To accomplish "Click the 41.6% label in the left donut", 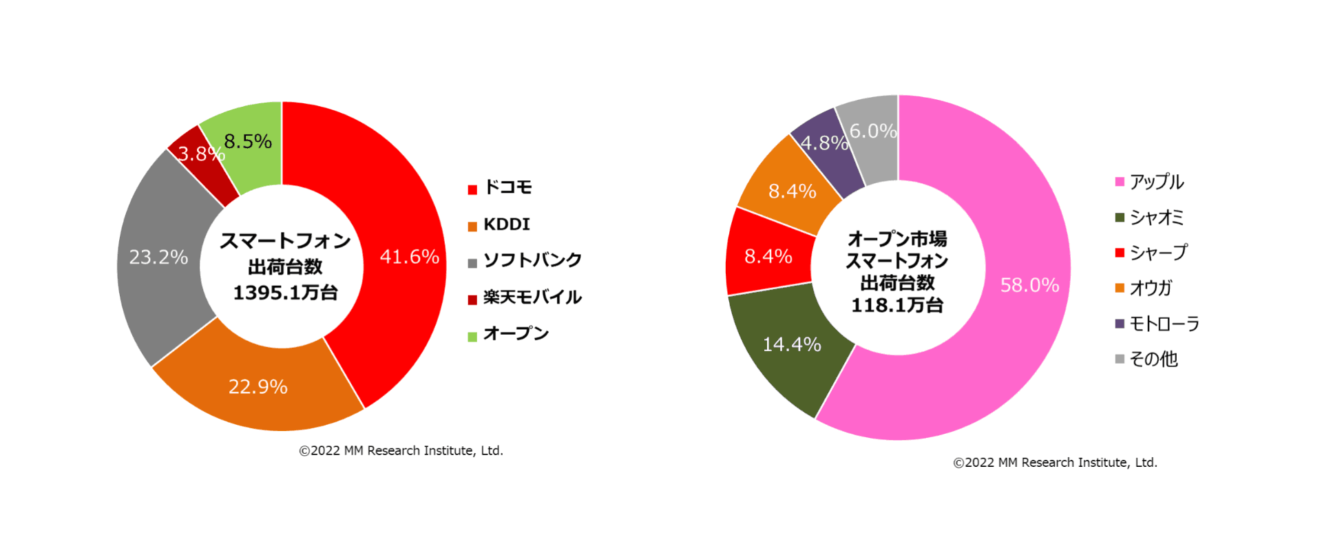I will (409, 257).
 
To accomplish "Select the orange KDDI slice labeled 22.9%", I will (258, 386).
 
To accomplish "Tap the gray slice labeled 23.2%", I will (159, 257).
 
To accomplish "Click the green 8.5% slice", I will (248, 141).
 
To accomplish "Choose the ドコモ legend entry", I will (508, 187).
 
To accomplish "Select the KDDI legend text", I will (507, 224).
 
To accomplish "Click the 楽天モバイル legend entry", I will (532, 297).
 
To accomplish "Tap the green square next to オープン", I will (472, 337).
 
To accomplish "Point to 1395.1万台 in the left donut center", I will (285, 293).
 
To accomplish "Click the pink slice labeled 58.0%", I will (1029, 285).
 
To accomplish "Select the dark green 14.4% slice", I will (792, 344).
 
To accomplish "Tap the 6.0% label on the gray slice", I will (872, 131).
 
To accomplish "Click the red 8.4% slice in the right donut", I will (768, 257).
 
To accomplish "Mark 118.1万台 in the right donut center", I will (897, 305).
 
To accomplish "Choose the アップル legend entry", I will (1156, 182).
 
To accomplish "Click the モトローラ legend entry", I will (1164, 324).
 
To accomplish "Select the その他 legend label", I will (1153, 359).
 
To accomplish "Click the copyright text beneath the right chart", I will (1055, 463).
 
